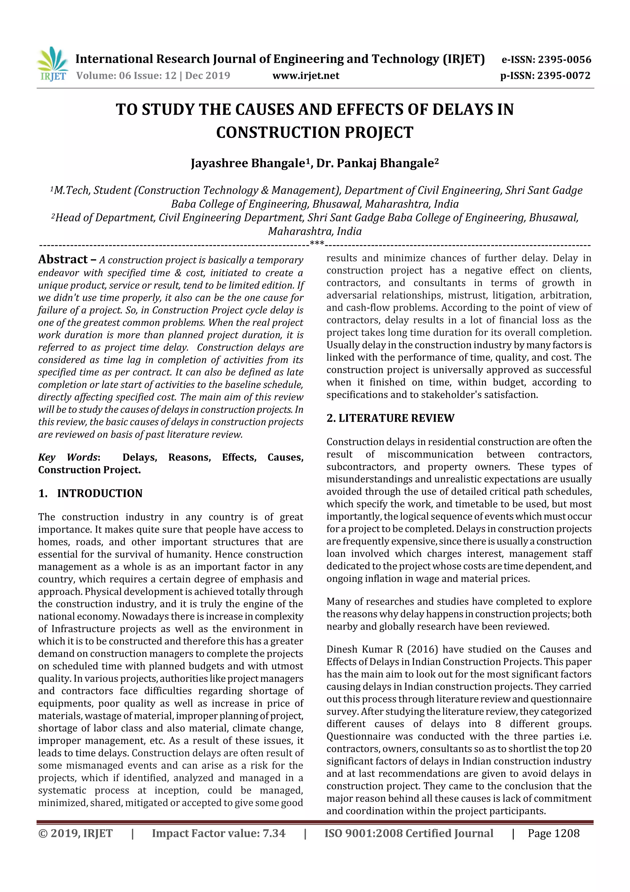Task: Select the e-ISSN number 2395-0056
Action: coord(564,60)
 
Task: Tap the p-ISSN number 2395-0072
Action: coord(564,76)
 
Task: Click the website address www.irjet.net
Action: coord(306,76)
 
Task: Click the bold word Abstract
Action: coord(63,259)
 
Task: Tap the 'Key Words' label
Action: coord(68,457)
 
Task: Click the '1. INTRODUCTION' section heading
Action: coord(90,493)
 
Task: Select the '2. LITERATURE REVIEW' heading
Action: coord(390,418)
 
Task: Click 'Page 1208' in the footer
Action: coord(553,833)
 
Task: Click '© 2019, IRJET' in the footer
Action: coord(75,833)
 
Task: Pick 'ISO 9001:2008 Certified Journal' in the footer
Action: coord(409,833)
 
